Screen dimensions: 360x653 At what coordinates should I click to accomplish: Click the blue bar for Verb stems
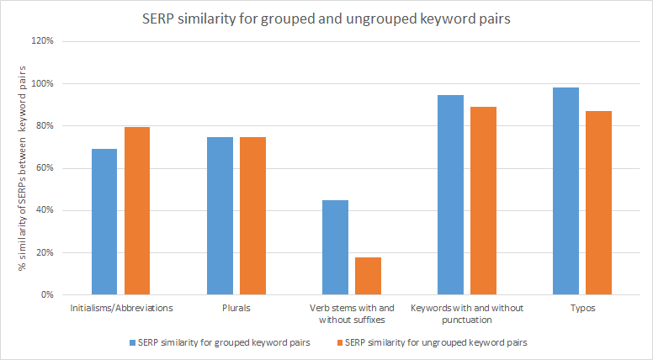335,247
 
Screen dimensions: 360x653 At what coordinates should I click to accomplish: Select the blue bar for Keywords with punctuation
451,195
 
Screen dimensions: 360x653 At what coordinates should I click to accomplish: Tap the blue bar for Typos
566,191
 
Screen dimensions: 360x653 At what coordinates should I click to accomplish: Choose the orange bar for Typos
599,203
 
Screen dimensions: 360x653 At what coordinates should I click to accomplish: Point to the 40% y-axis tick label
44,210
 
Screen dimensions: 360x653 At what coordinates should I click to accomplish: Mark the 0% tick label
47,295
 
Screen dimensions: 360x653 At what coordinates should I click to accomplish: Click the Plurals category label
236,308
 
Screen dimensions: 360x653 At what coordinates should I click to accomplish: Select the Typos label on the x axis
582,308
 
